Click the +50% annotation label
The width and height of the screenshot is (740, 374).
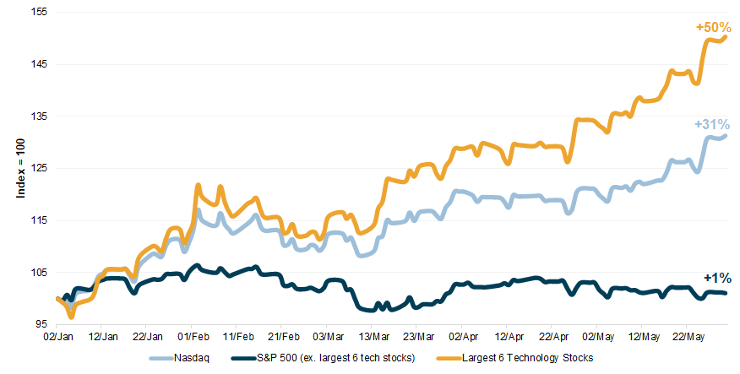click(x=713, y=28)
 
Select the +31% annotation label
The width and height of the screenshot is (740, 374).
click(x=711, y=123)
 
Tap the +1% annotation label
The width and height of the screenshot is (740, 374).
click(x=716, y=278)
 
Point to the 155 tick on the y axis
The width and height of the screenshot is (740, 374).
click(x=39, y=13)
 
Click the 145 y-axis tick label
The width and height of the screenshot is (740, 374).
click(x=39, y=64)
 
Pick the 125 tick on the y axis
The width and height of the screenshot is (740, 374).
click(x=39, y=168)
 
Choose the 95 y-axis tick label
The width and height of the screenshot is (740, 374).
click(x=41, y=324)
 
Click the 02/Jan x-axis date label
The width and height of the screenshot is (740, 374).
click(x=56, y=335)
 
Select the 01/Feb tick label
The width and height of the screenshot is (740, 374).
click(x=191, y=335)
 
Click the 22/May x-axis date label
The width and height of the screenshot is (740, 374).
click(x=688, y=335)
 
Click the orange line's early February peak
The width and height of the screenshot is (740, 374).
click(x=198, y=185)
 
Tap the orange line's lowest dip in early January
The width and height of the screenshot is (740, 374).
click(x=72, y=317)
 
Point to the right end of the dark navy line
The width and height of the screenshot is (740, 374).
click(x=726, y=293)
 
